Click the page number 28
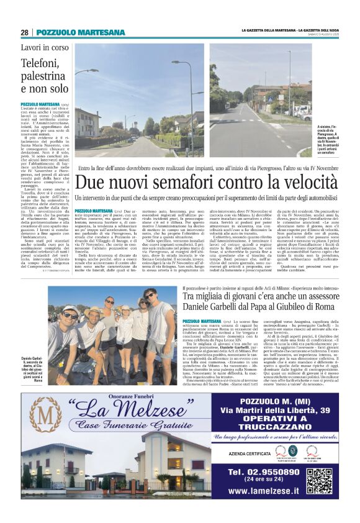24,32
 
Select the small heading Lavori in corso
46,47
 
